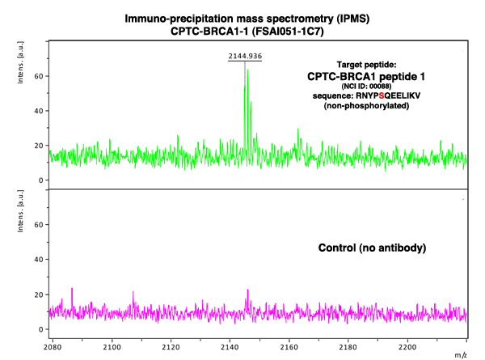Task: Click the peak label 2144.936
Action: click(x=244, y=57)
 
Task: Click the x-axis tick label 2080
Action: click(x=53, y=343)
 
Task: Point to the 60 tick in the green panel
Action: click(x=37, y=75)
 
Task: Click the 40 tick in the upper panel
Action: click(x=37, y=111)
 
